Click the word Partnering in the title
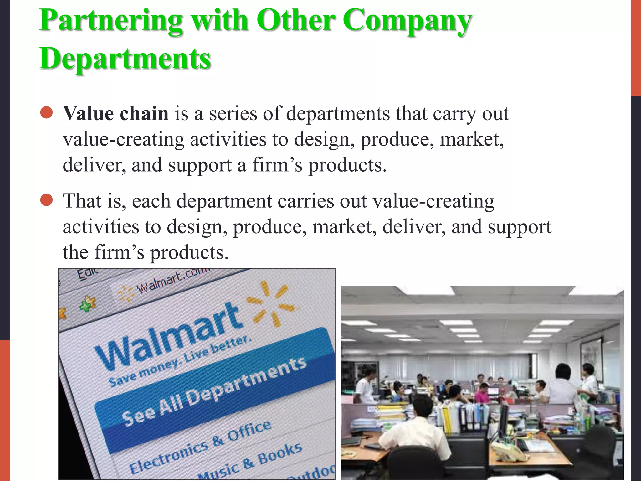pyautogui.click(x=111, y=21)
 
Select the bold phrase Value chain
pyautogui.click(x=116, y=113)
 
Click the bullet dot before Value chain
pyautogui.click(x=47, y=113)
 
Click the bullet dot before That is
pyautogui.click(x=47, y=200)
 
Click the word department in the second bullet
pyautogui.click(x=224, y=201)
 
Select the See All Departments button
pyautogui.click(x=214, y=391)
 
